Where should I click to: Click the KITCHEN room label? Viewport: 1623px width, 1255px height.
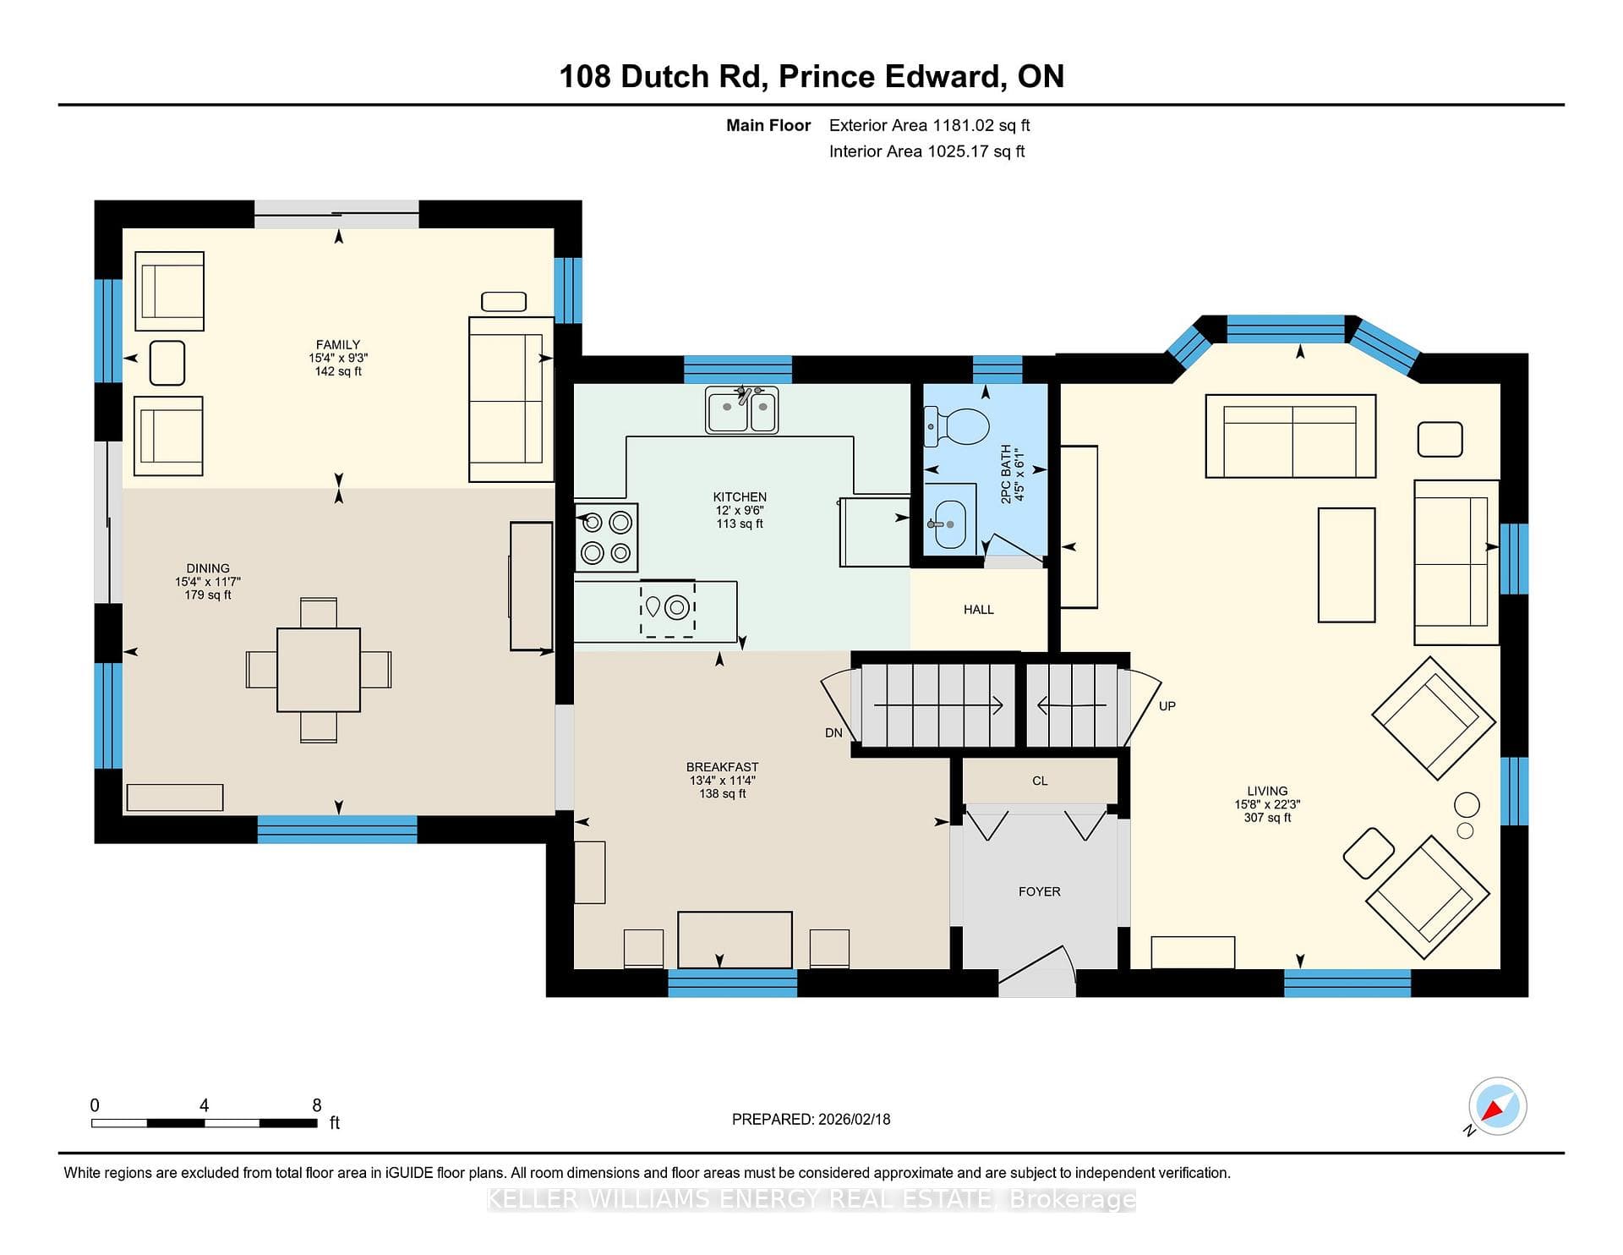740,497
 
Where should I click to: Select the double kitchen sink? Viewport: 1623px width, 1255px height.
741,410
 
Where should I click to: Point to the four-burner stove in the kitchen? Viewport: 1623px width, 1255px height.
606,538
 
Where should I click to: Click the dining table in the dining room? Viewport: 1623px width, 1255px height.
319,670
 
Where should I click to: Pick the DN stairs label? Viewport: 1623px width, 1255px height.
833,733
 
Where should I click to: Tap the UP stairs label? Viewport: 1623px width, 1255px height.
1167,706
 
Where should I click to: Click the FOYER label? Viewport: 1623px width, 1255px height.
1039,891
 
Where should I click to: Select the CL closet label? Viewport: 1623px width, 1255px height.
1040,781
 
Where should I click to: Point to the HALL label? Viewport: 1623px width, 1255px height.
979,610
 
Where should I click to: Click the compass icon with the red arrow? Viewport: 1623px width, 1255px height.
1497,1106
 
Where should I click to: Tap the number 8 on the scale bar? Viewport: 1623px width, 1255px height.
317,1105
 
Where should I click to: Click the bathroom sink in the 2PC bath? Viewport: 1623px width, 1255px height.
950,524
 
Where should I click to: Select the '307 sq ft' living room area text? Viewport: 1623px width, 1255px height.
1267,818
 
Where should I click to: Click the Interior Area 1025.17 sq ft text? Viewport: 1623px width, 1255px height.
926,151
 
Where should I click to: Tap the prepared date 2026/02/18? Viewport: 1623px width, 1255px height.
854,1119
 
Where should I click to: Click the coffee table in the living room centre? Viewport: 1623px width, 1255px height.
1347,565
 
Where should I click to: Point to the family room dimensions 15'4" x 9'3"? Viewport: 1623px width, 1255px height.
338,358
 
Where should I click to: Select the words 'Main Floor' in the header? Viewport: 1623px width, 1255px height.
768,125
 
